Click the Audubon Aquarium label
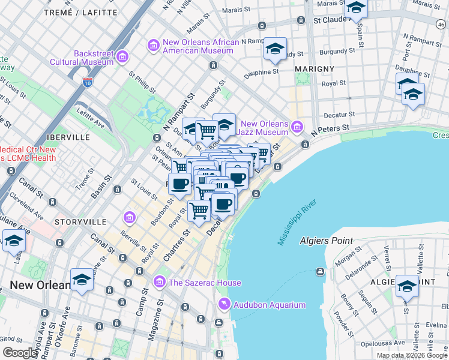[x=270, y=305]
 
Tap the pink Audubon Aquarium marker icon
[x=224, y=305]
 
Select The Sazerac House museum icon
[x=159, y=281]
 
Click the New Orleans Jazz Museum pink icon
[x=297, y=127]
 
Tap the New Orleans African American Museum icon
[x=153, y=46]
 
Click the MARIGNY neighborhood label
[x=315, y=69]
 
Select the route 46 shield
[x=441, y=23]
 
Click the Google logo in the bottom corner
[x=20, y=352]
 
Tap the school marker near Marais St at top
[x=356, y=8]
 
